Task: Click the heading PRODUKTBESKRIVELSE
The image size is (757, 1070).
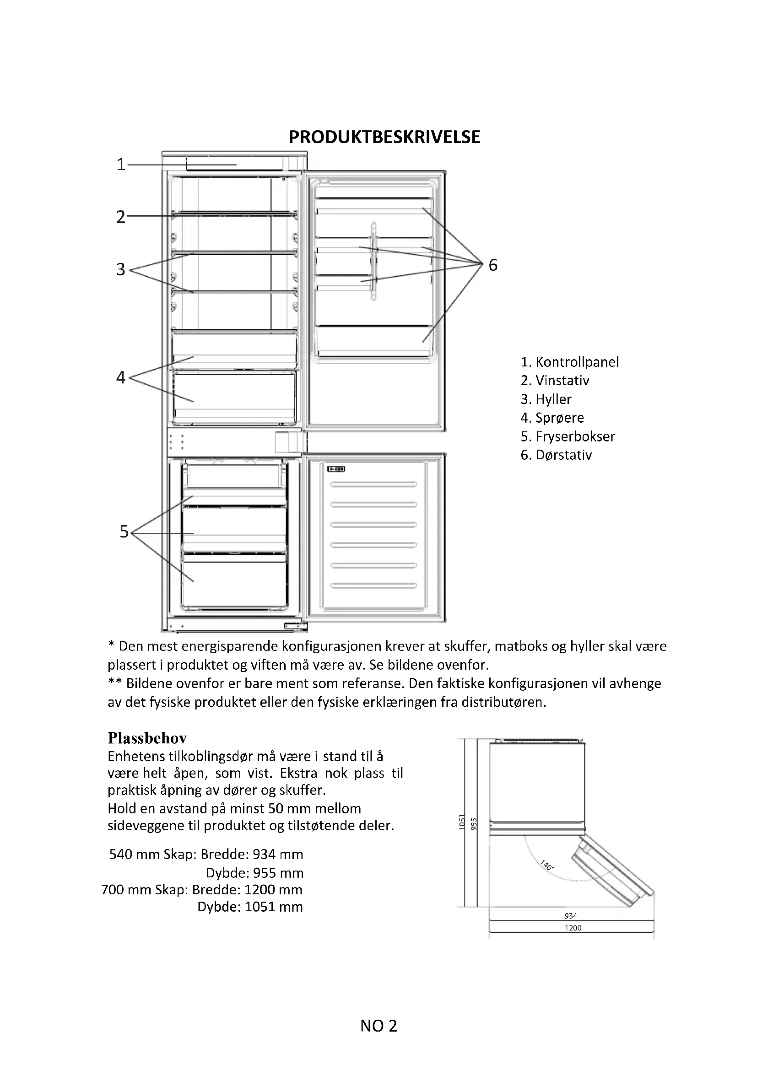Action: click(x=384, y=137)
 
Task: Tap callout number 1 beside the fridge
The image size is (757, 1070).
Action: click(x=121, y=165)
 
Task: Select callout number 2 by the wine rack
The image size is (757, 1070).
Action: click(x=121, y=217)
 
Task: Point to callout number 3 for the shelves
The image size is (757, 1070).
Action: click(x=121, y=269)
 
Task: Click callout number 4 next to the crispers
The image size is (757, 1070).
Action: click(x=121, y=377)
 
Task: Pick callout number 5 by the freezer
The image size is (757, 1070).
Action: click(x=124, y=532)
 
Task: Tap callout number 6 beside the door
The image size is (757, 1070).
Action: click(x=493, y=265)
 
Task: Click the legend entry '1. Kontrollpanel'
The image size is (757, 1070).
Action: click(x=570, y=362)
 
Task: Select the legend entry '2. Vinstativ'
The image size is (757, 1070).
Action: click(x=555, y=381)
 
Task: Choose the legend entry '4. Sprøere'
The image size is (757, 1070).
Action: click(x=552, y=418)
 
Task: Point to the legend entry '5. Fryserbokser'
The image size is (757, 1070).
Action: click(x=568, y=437)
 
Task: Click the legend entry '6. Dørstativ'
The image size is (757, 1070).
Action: click(x=556, y=455)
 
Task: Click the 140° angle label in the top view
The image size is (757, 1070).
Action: click(x=547, y=866)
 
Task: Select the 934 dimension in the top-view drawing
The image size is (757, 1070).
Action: click(x=571, y=916)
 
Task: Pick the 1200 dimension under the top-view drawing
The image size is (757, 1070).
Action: click(x=573, y=928)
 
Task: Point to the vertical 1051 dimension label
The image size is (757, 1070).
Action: click(x=462, y=822)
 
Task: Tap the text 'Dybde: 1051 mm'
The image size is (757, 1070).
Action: click(x=250, y=907)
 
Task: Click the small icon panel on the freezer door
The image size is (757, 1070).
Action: click(x=335, y=469)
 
